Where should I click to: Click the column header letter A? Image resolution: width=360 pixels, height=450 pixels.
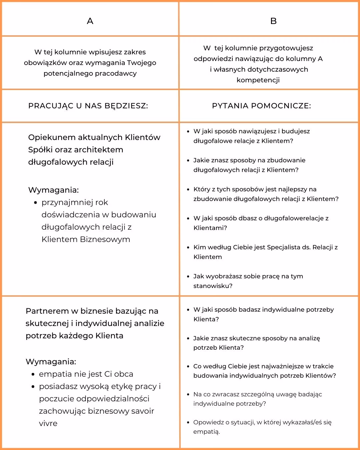pyautogui.click(x=90, y=21)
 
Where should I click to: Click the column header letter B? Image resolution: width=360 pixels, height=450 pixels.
pyautogui.click(x=273, y=21)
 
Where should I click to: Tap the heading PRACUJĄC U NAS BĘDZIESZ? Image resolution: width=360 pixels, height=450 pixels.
pyautogui.click(x=88, y=106)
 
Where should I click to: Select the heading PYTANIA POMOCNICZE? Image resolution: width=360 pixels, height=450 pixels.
pyautogui.click(x=261, y=106)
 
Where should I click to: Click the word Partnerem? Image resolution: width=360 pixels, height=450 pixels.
pyautogui.click(x=47, y=311)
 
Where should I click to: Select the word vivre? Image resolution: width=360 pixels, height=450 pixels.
pyautogui.click(x=48, y=423)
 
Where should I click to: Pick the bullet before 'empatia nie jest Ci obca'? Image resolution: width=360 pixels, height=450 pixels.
pyautogui.click(x=33, y=374)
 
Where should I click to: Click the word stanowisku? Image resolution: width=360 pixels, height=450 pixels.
pyautogui.click(x=213, y=286)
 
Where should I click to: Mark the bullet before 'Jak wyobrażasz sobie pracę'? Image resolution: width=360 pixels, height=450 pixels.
pyautogui.click(x=189, y=276)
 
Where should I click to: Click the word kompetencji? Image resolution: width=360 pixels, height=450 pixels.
pyautogui.click(x=258, y=80)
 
